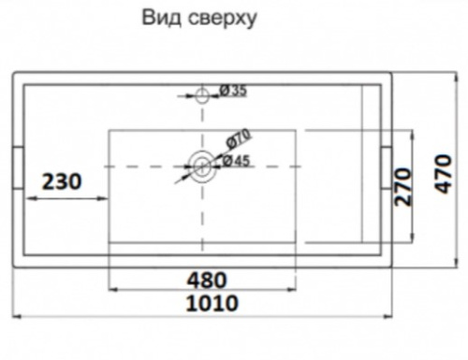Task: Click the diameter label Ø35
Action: [232, 91]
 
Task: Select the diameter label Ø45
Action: [235, 161]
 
